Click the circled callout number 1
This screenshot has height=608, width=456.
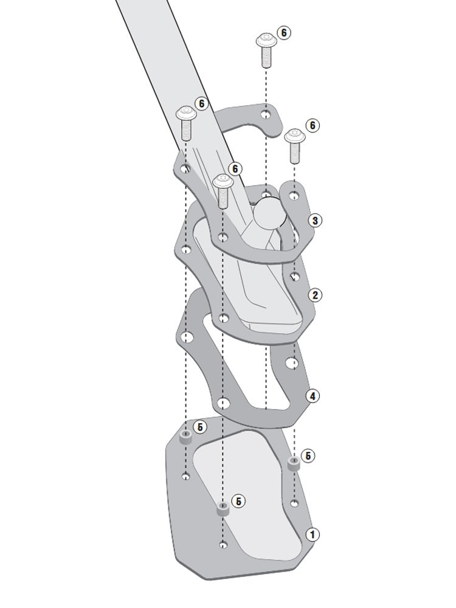313,534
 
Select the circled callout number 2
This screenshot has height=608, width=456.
315,295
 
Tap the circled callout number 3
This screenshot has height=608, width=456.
315,221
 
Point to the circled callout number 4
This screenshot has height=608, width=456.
313,396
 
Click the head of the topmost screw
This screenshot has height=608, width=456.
266,40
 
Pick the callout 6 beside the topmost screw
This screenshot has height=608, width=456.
284,33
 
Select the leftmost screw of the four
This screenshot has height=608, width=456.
186,123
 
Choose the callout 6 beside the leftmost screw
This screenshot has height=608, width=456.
201,103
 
